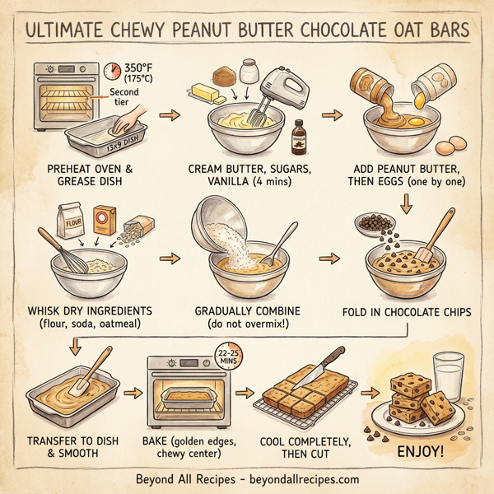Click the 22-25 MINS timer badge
pos(229,356)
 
